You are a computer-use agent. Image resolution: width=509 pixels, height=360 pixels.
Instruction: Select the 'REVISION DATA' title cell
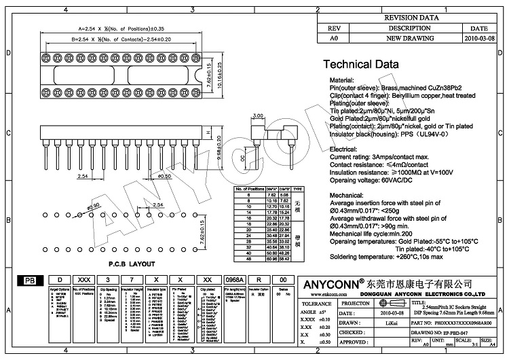click(411, 18)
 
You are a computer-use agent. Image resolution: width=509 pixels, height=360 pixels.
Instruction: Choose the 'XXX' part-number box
click(84, 280)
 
